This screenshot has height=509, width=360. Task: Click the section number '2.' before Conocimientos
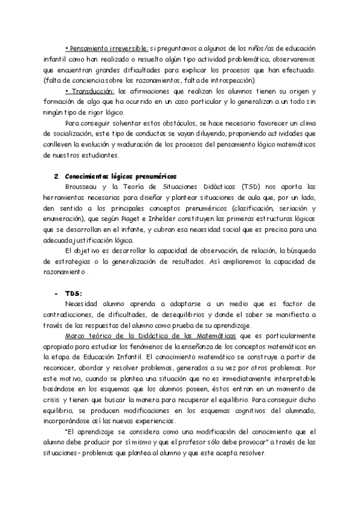pos(56,176)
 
